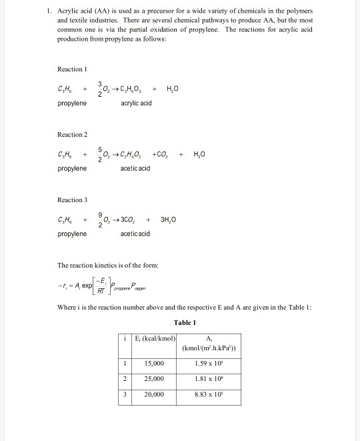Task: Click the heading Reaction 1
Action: point(73,69)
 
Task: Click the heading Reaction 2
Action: point(73,135)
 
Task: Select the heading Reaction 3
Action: point(73,200)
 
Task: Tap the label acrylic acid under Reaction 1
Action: point(136,103)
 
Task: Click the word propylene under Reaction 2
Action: point(72,169)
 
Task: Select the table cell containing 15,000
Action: point(154,364)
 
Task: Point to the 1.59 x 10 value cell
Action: point(211,364)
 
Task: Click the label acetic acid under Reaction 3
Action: point(135,234)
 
